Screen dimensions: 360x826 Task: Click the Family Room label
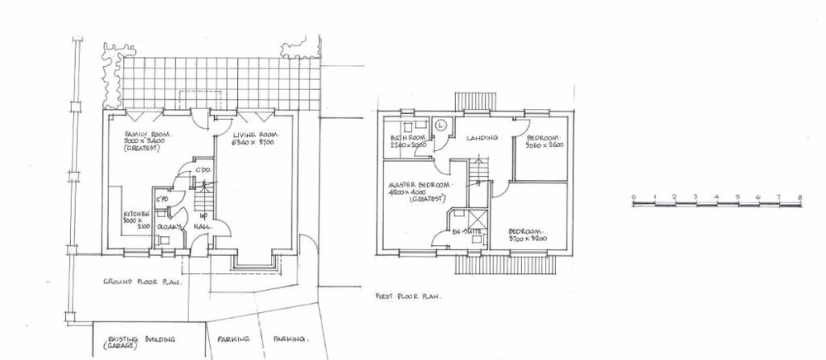tap(143, 134)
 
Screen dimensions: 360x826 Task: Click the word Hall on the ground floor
tap(202, 225)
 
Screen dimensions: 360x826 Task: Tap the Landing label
tap(480, 138)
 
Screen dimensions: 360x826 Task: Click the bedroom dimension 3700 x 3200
tap(529, 239)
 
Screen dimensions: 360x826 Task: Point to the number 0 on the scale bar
tap(633, 197)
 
